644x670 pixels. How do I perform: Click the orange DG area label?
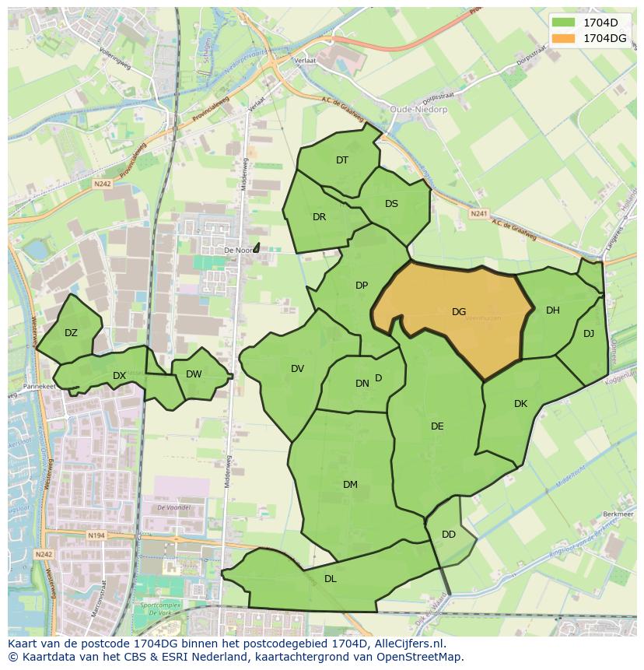[x=459, y=312]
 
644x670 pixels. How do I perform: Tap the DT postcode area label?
[x=342, y=160]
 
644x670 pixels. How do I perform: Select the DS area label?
[x=391, y=204]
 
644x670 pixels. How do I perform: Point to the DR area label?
[x=319, y=217]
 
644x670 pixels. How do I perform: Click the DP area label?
[x=362, y=286]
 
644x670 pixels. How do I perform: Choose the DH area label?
[x=552, y=310]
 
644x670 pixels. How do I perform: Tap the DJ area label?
[x=589, y=334]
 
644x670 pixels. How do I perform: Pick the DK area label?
[x=521, y=404]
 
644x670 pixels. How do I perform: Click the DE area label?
[x=437, y=426]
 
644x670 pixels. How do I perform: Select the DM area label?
[x=350, y=485]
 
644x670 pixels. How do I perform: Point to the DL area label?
[x=331, y=579]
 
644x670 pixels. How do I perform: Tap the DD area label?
[x=449, y=535]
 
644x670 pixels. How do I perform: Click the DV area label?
[x=297, y=369]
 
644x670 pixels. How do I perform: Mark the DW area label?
[x=194, y=374]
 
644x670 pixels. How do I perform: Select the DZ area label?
[x=71, y=333]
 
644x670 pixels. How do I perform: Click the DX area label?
[x=119, y=376]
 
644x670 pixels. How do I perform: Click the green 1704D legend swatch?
[x=565, y=23]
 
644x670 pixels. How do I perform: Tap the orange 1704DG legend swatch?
[x=565, y=38]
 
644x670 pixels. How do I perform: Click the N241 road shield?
[x=478, y=212]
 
